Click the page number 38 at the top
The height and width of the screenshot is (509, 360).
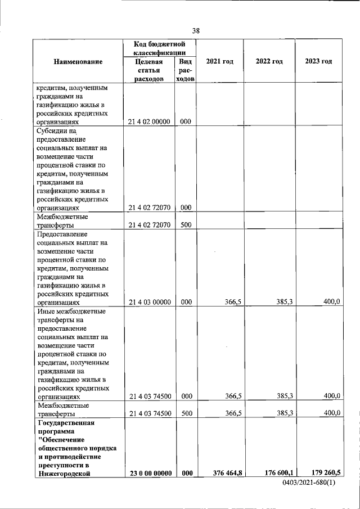click(196, 30)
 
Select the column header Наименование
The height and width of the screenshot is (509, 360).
click(78, 61)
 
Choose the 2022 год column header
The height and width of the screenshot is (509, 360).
click(269, 61)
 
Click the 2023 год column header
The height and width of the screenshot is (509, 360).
click(318, 61)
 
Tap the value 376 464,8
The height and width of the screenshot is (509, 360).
click(227, 473)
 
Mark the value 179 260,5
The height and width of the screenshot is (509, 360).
click(325, 473)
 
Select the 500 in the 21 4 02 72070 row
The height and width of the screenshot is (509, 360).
click(186, 225)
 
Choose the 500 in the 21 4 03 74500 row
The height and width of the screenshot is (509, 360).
click(186, 413)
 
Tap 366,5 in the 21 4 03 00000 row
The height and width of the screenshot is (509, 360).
click(233, 302)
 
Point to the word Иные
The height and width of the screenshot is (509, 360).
click(46, 310)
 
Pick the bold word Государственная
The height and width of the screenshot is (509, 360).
click(65, 422)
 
